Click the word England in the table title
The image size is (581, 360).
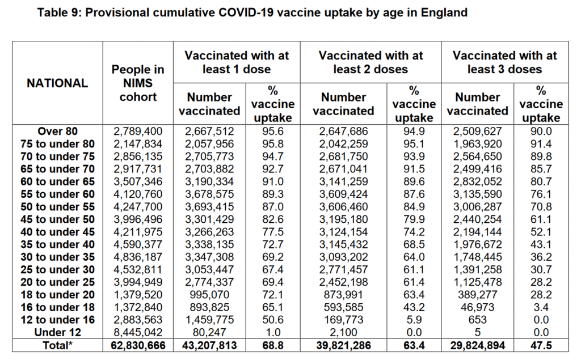(x=444, y=13)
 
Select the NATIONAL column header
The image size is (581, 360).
(x=57, y=83)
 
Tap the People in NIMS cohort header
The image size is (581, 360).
(x=138, y=83)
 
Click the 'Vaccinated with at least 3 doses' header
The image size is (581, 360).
(x=504, y=62)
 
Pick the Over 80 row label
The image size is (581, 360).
(x=57, y=131)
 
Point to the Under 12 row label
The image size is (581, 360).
(x=57, y=332)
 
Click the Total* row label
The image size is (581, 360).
(x=57, y=345)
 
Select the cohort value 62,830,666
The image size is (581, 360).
(x=138, y=345)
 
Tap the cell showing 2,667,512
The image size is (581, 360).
(x=209, y=131)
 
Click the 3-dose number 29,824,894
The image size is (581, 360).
(x=478, y=345)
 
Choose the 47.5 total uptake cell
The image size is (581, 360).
(x=541, y=345)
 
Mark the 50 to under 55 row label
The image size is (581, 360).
(x=57, y=207)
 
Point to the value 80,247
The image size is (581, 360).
(x=209, y=332)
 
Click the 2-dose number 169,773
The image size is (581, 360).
(x=343, y=320)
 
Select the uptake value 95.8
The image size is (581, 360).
(x=273, y=143)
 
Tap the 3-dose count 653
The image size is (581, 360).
(x=478, y=320)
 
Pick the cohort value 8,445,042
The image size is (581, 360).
(x=138, y=332)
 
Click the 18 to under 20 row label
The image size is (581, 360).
(x=57, y=294)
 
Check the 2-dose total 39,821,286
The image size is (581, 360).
(x=343, y=345)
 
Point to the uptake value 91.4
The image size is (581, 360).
(x=541, y=143)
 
